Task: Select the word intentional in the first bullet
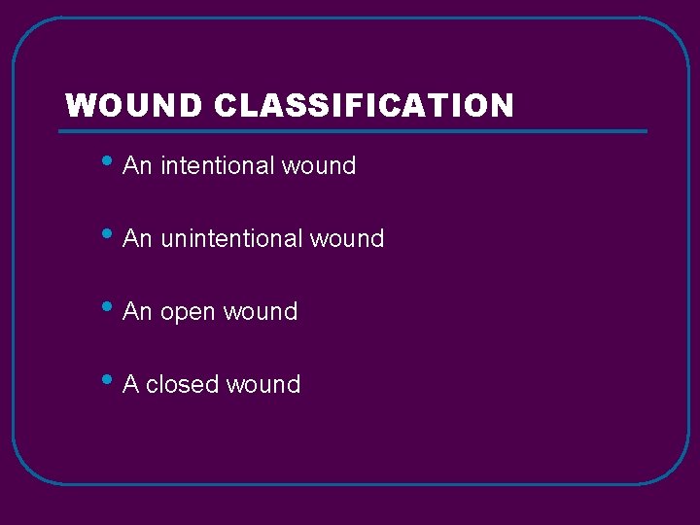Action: click(x=218, y=166)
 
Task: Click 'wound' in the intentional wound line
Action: click(x=319, y=166)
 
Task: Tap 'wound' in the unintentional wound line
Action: click(x=347, y=239)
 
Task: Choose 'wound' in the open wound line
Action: click(x=261, y=312)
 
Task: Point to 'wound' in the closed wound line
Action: click(x=263, y=385)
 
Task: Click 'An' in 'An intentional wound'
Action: click(x=138, y=166)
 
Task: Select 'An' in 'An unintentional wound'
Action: click(x=138, y=239)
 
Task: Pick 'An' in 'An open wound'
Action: click(x=138, y=312)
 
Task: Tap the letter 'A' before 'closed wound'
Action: click(x=131, y=385)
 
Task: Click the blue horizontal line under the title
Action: click(x=355, y=130)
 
